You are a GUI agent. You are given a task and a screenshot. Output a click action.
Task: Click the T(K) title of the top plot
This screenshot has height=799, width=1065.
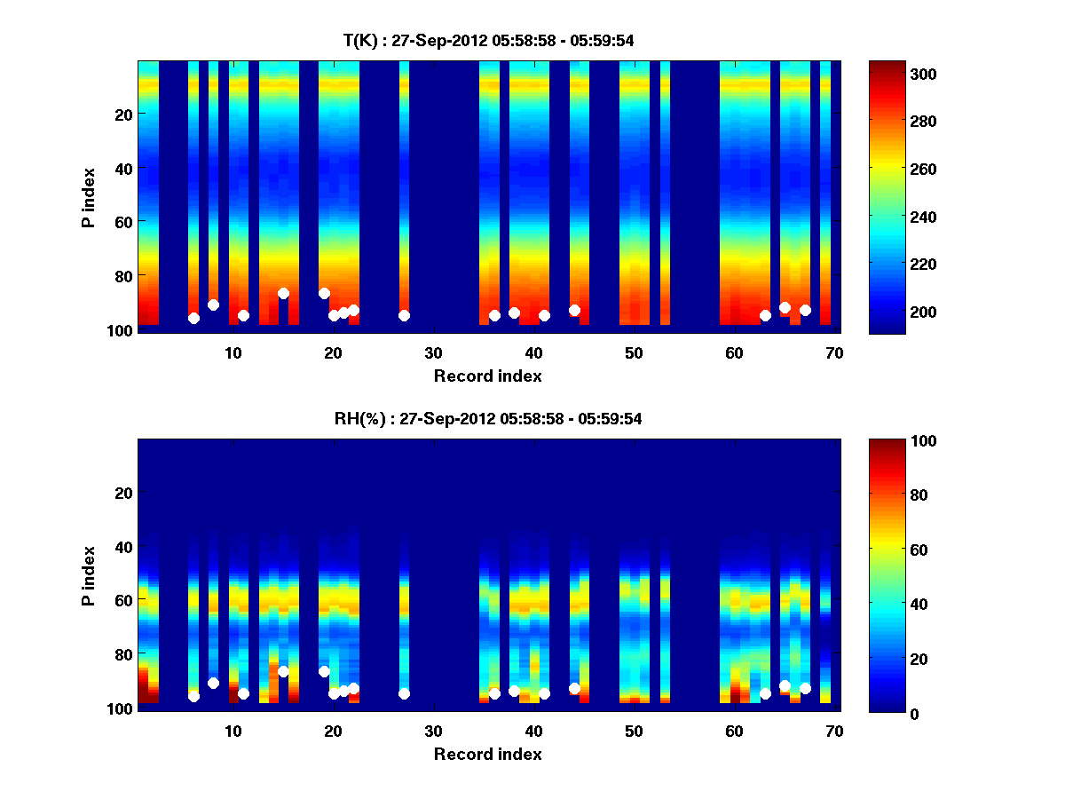click(x=488, y=40)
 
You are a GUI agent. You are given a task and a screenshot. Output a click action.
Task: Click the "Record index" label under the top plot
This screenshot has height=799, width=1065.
click(x=488, y=376)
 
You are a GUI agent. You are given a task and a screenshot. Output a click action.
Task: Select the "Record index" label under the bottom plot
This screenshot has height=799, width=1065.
click(x=488, y=754)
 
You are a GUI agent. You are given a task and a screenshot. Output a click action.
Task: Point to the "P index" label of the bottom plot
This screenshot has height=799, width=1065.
click(x=89, y=575)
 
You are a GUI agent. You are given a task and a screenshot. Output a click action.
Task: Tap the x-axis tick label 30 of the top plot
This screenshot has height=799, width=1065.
click(x=433, y=352)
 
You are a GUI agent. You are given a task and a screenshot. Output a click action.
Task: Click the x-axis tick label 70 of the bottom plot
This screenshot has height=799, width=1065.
click(x=834, y=731)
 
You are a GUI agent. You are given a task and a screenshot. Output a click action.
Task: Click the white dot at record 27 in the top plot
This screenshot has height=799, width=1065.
click(x=404, y=315)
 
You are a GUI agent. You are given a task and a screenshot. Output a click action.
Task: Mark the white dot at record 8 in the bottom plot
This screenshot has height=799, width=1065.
click(x=213, y=683)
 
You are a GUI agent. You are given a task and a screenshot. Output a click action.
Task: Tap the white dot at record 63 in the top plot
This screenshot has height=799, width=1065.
click(x=765, y=315)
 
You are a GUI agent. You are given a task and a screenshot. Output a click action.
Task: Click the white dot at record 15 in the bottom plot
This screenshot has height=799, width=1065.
click(x=283, y=671)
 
